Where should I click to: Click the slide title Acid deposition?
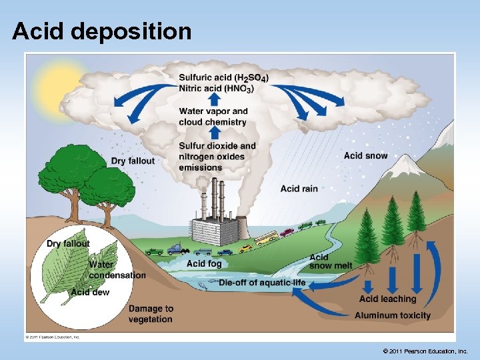(x=101, y=31)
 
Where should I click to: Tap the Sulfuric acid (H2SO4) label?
(x=223, y=77)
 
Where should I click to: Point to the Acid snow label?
(x=365, y=156)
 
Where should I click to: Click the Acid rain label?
(x=299, y=189)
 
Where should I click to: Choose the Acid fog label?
(x=204, y=263)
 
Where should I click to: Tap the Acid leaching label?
(x=387, y=299)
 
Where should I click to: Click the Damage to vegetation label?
(x=151, y=314)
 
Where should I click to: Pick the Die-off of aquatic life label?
(x=262, y=283)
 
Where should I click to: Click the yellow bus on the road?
(x=266, y=237)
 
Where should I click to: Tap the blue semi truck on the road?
(x=177, y=250)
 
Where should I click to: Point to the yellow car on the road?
(x=246, y=247)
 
